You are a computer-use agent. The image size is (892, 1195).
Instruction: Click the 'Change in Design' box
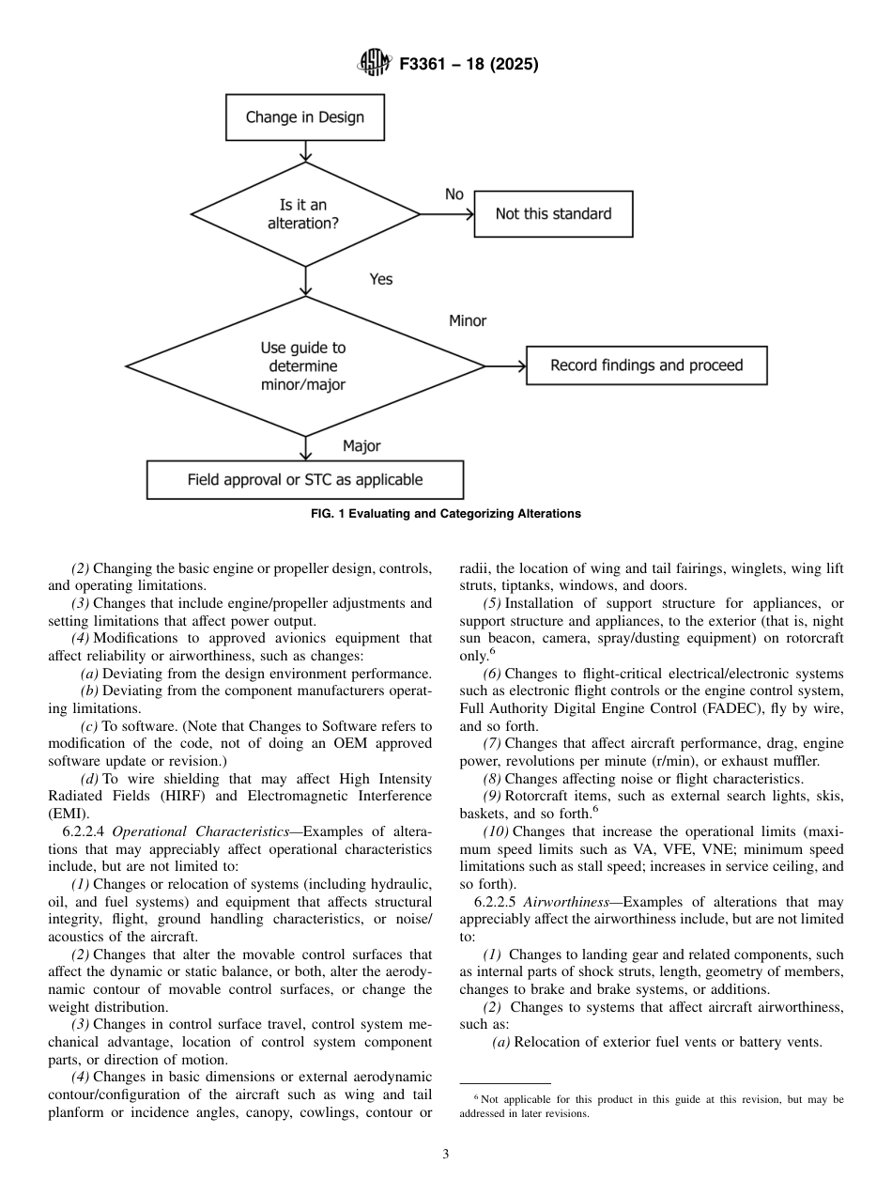click(x=304, y=117)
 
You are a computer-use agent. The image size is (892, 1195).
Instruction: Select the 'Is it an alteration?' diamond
click(x=304, y=214)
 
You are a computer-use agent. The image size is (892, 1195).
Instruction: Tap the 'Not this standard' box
click(x=552, y=214)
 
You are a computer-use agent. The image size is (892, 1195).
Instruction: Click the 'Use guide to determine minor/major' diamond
click(x=304, y=366)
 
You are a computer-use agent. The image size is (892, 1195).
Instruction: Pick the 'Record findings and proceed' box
click(x=646, y=365)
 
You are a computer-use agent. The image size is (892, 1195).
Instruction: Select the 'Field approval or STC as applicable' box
click(x=304, y=479)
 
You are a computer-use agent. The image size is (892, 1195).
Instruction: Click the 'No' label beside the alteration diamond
click(x=454, y=194)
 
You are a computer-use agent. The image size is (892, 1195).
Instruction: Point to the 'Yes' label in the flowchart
click(x=381, y=279)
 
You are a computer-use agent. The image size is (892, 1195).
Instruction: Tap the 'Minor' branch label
click(x=468, y=321)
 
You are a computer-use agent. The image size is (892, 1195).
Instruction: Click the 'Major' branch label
click(x=361, y=446)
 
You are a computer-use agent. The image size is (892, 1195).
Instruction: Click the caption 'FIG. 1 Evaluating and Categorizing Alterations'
click(x=445, y=514)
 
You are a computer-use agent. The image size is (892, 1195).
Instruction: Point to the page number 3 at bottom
click(x=446, y=1155)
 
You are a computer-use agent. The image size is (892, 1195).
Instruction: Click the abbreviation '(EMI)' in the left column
click(x=66, y=814)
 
